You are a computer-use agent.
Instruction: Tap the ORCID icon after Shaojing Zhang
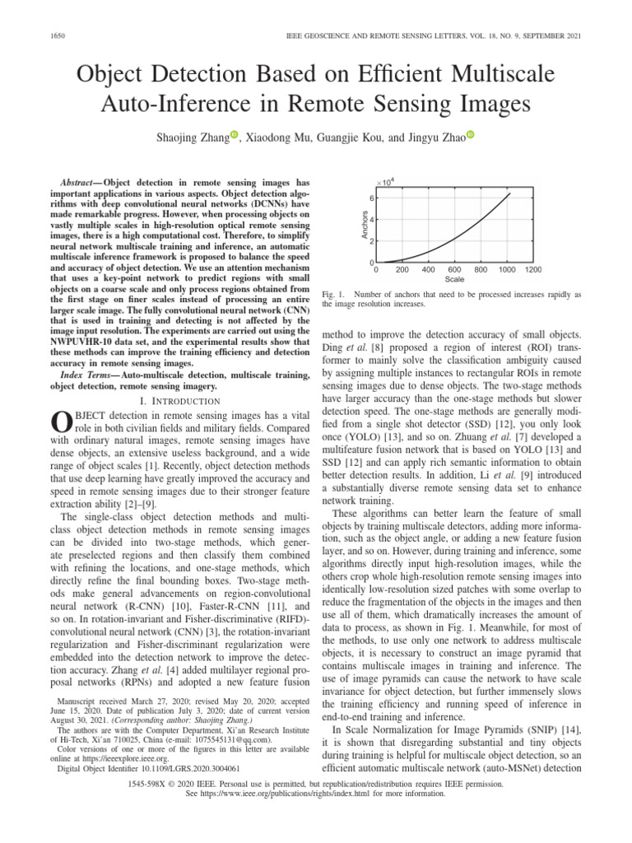pyautogui.click(x=234, y=135)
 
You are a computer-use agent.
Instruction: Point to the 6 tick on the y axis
pyautogui.click(x=370, y=199)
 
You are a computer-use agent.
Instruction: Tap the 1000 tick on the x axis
pyautogui.click(x=506, y=269)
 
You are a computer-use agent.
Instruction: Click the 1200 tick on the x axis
pyautogui.click(x=532, y=269)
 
